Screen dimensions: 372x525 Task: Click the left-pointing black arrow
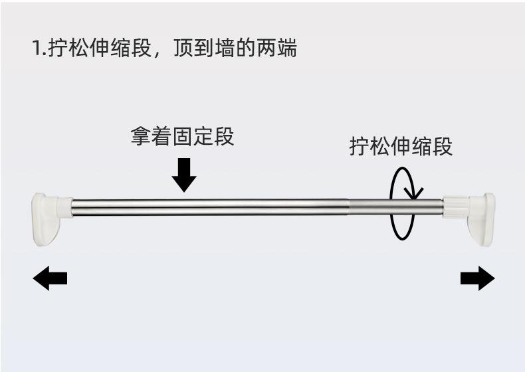click(50, 278)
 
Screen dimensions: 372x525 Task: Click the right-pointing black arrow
click(477, 278)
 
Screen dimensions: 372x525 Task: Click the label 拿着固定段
click(182, 138)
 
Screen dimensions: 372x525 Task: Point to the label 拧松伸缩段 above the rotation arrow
click(401, 146)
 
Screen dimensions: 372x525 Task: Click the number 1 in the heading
click(36, 49)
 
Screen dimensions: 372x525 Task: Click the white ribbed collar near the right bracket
click(455, 207)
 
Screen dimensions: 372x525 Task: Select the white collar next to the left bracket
click(64, 207)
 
